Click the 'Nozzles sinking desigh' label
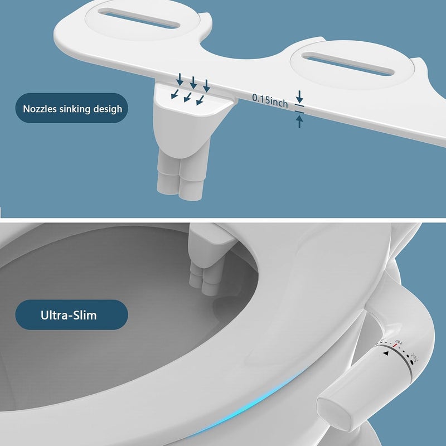coord(72,109)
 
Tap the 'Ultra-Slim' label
coord(69,315)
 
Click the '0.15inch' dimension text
coord(270,101)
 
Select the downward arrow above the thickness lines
coord(299,96)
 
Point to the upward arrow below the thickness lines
coord(299,122)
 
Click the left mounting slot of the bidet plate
coord(139,18)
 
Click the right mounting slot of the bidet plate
coord(348,64)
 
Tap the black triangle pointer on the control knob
coord(385,353)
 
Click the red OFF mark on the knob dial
coord(395,345)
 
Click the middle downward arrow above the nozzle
coord(193,83)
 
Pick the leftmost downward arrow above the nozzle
coord(180,79)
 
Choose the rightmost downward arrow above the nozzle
coord(207,86)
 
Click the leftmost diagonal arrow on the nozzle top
coord(175,94)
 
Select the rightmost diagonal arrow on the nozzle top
coord(200,100)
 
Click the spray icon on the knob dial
coord(415,357)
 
